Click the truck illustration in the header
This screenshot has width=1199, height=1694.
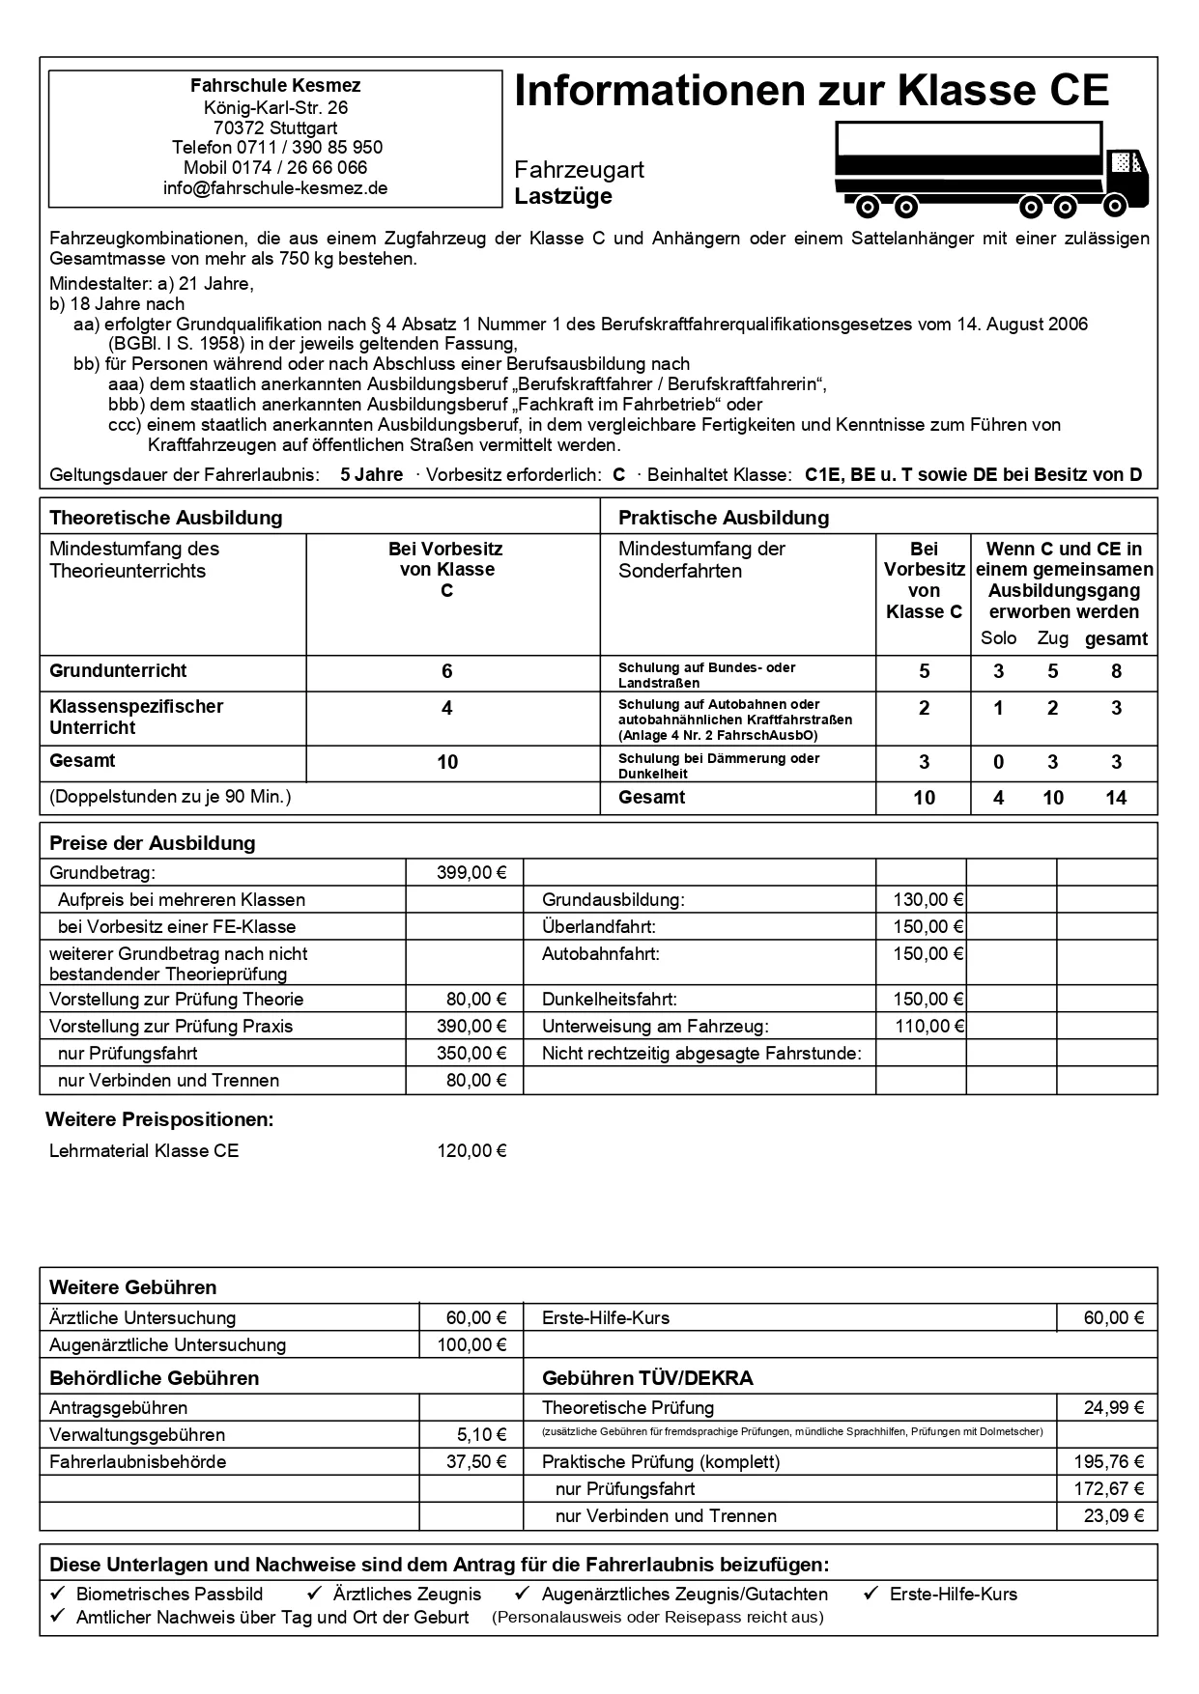tap(991, 170)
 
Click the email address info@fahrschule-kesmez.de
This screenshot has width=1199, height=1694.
tap(275, 188)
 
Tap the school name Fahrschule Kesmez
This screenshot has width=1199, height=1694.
tap(275, 86)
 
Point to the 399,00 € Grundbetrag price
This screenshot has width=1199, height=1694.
tap(471, 873)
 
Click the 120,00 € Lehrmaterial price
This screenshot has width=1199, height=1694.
tap(471, 1151)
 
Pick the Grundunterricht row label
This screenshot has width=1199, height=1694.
tap(118, 671)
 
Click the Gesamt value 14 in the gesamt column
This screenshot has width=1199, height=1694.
tap(1116, 798)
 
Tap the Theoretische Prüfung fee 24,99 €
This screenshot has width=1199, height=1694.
tap(1113, 1408)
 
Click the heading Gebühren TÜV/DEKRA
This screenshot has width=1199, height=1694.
tap(647, 1378)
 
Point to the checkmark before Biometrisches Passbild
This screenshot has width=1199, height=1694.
tap(58, 1594)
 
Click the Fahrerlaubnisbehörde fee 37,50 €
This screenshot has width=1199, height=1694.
tap(475, 1462)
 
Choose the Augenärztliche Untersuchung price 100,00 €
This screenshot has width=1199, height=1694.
tap(471, 1345)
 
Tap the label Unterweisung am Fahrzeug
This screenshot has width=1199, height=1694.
tap(655, 1027)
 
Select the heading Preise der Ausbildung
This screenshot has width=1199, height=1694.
tap(152, 843)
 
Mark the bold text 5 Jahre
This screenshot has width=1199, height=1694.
tap(372, 475)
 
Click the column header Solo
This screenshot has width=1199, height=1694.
tap(998, 638)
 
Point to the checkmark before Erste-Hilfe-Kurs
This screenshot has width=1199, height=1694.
tap(871, 1594)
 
